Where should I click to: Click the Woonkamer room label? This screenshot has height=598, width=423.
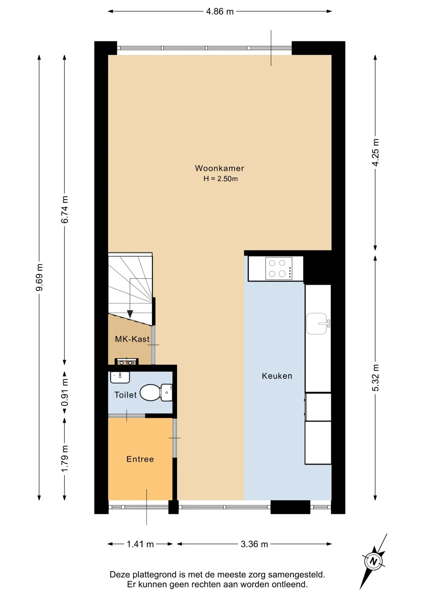(219, 168)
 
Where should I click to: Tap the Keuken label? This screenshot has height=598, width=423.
(277, 376)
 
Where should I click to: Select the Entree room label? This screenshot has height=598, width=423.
(140, 459)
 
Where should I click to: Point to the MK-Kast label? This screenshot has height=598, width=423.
(132, 339)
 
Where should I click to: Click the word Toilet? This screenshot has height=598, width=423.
(126, 395)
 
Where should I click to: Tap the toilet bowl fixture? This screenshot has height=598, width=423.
(156, 392)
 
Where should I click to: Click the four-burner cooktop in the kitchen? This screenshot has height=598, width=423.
(279, 268)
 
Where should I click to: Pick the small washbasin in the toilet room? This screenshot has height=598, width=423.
(120, 377)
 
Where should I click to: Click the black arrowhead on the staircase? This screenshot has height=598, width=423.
(130, 314)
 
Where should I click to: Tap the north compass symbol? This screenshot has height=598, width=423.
(373, 562)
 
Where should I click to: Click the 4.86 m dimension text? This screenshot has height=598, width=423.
(220, 12)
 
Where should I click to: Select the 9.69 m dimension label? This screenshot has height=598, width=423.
(39, 277)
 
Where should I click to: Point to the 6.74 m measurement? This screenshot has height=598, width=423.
(64, 210)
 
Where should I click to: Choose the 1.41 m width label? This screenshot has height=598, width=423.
(140, 544)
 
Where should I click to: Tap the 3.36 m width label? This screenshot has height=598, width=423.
(254, 544)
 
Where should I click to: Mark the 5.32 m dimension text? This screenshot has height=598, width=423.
(376, 377)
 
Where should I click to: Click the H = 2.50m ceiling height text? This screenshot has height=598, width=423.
(221, 179)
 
